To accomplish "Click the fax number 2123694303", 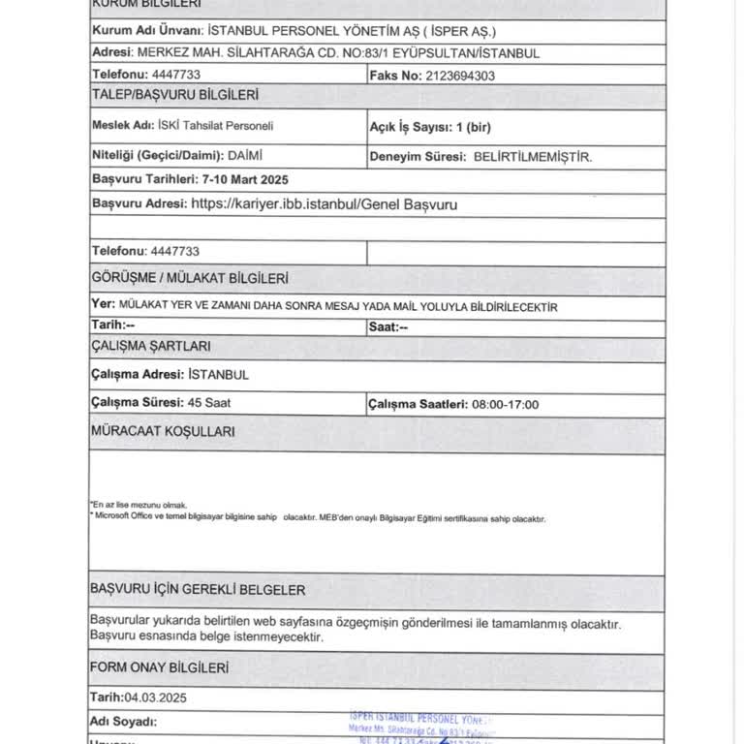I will coord(460,75).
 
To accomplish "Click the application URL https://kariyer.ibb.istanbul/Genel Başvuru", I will coord(325,204).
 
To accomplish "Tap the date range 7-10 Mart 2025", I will coord(244,179).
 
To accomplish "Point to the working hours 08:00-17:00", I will coord(504,404).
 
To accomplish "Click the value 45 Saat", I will coord(209,403).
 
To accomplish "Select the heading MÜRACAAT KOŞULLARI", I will coord(162,432).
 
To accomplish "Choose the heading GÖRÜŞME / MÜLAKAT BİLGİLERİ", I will coord(189,278).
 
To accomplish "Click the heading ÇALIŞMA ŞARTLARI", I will coord(150,345).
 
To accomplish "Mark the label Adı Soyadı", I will coord(123,722).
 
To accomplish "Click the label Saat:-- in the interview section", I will coord(388,327).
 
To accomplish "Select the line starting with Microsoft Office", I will coord(320,518).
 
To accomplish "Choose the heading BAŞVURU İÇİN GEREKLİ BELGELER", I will coord(198,589).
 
